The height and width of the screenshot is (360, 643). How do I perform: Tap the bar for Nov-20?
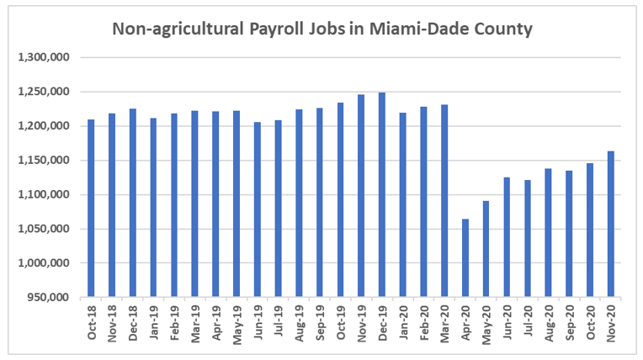[x=611, y=224]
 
